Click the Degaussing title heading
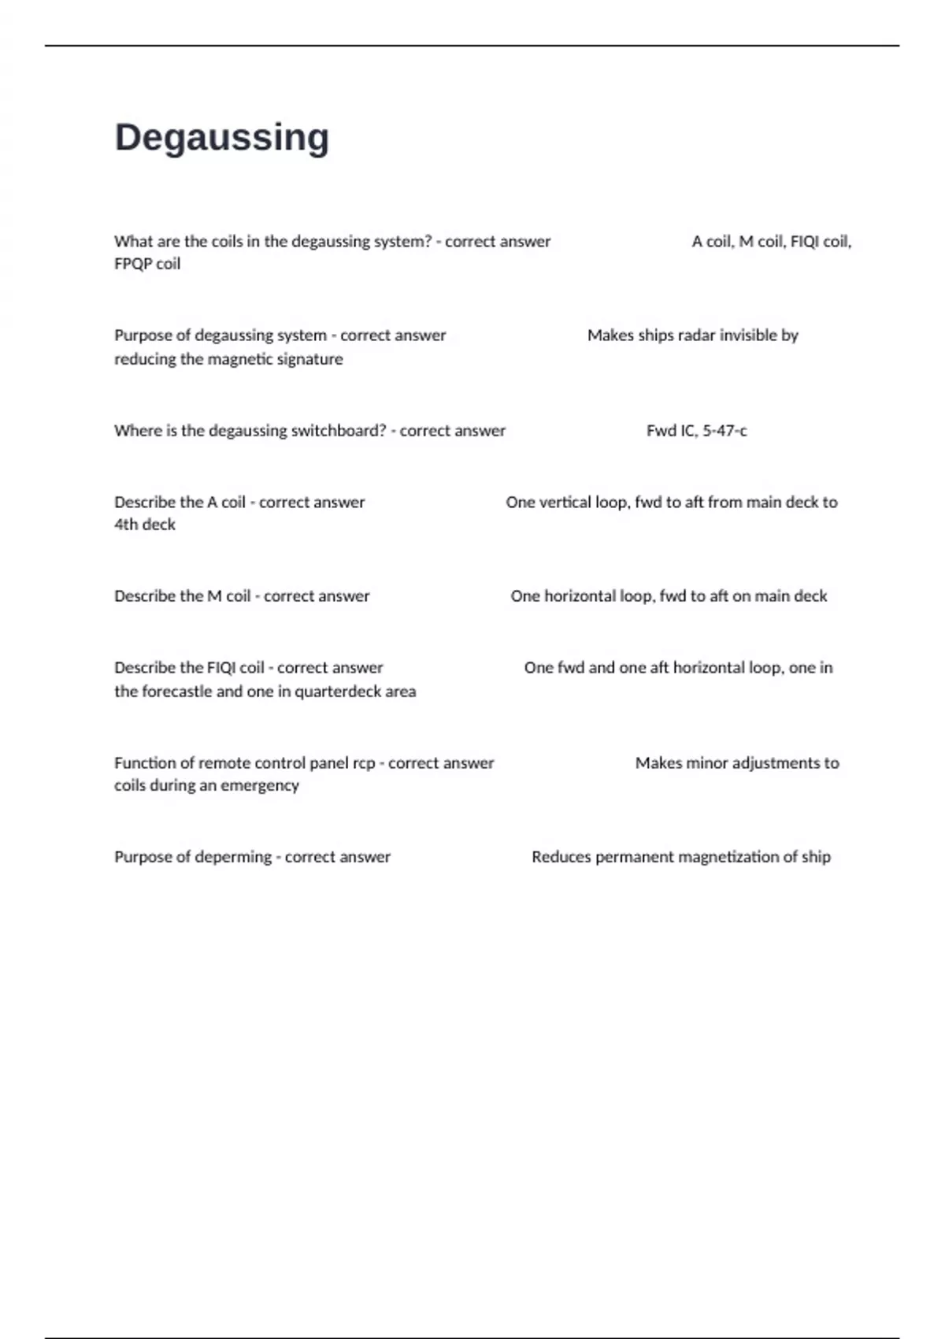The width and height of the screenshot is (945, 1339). pyautogui.click(x=222, y=138)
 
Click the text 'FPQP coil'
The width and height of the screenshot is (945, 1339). pyautogui.click(x=147, y=264)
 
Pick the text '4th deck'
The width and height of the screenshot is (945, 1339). pyautogui.click(x=145, y=525)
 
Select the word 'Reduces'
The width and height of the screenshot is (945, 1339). pyautogui.click(x=561, y=857)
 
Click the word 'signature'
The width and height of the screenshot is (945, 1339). pyautogui.click(x=308, y=359)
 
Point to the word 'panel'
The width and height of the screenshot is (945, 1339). pyautogui.click(x=328, y=763)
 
